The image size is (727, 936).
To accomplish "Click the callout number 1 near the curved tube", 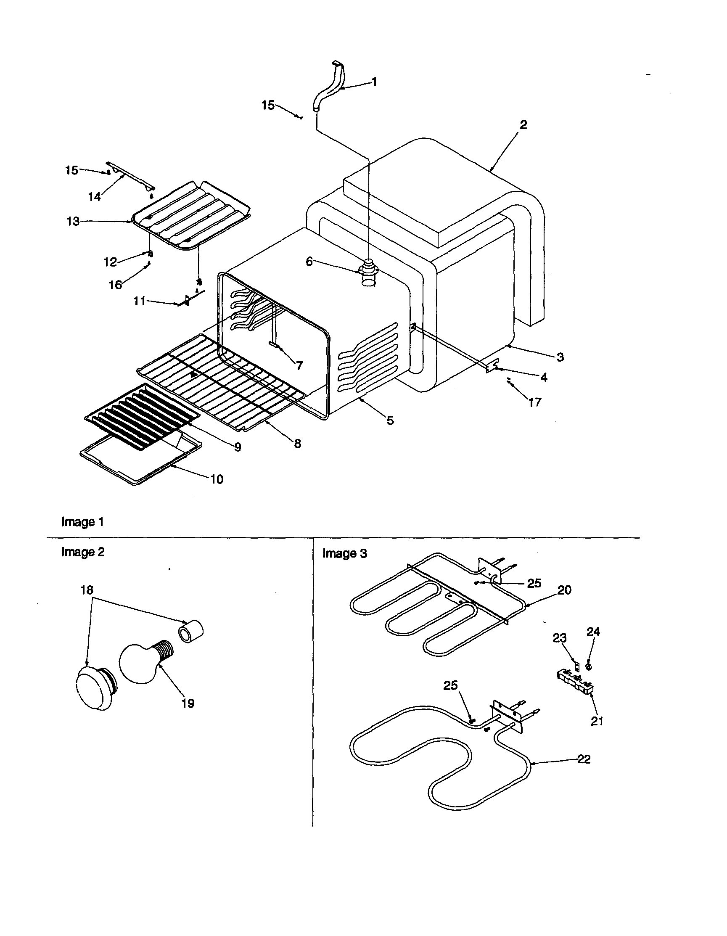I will tap(374, 82).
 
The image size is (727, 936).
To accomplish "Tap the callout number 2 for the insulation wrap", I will tap(523, 125).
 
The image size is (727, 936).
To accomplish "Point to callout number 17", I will tap(534, 402).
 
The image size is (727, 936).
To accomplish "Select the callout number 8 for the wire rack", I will tap(298, 443).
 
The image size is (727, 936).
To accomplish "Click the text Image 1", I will tap(82, 521).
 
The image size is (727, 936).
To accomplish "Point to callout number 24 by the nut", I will tap(593, 632).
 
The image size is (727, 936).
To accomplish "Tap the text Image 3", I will tap(345, 553).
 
